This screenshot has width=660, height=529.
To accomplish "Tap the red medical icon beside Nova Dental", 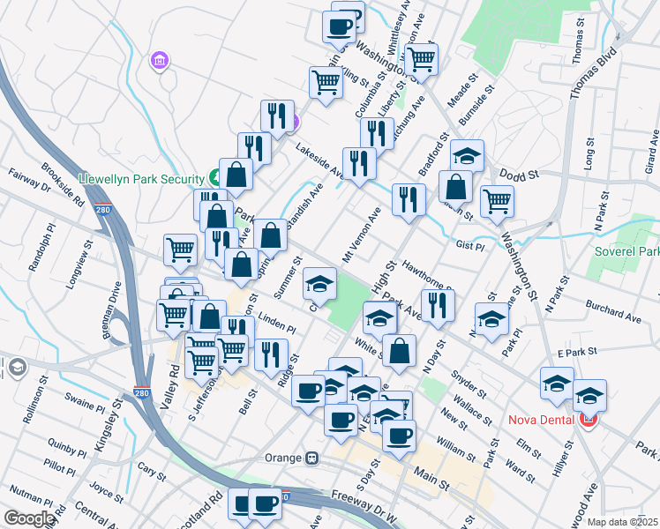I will (589, 419).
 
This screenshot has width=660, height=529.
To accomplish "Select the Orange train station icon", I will (311, 458).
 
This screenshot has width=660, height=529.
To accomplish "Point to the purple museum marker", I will (161, 60).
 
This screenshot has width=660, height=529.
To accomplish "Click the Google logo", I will (29, 518).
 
